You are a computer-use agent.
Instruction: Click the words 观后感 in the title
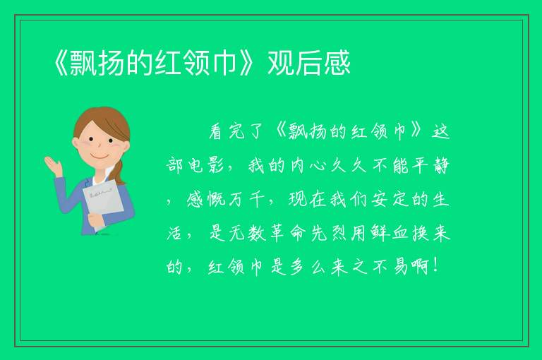[x=309, y=63]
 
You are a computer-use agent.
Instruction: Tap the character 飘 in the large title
[x=83, y=63]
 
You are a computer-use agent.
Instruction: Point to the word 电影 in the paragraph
[x=206, y=165]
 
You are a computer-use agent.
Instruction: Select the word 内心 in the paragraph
[x=308, y=165]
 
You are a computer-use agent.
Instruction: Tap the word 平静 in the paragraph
[x=430, y=165]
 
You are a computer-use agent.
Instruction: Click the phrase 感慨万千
[x=225, y=199]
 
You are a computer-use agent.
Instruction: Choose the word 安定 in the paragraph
[x=390, y=199]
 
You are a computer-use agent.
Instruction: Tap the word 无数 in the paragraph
[x=247, y=234]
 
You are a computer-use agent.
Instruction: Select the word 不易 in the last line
[x=390, y=267]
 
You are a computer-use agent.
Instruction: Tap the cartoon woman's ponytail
[x=119, y=172]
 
